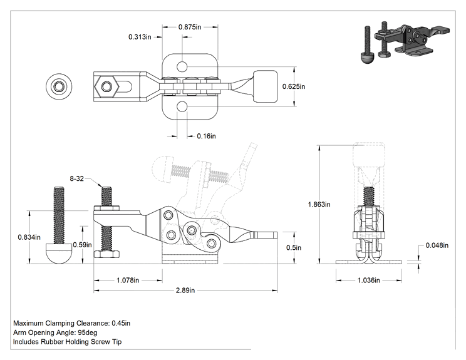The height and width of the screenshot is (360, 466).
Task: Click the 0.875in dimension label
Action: tap(190, 27)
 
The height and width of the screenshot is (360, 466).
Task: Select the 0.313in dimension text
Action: tap(140, 37)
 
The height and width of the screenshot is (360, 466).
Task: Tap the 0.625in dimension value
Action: tap(294, 86)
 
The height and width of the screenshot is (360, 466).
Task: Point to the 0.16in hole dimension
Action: tap(206, 136)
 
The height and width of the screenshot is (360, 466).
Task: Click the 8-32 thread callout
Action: tap(76, 178)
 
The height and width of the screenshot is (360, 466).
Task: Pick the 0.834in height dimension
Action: tap(29, 237)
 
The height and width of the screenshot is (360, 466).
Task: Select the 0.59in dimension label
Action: tap(82, 245)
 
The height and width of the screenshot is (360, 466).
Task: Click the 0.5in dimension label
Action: tap(294, 248)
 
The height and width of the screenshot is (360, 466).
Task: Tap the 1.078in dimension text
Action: tap(128, 280)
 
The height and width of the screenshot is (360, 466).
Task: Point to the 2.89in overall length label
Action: tap(185, 291)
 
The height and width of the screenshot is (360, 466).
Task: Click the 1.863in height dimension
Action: tap(319, 204)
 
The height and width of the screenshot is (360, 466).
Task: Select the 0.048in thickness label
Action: tap(437, 245)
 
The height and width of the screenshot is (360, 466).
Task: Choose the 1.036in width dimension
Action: tap(368, 280)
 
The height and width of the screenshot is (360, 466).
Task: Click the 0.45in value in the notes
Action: tap(121, 323)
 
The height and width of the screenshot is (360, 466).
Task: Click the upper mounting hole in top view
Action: tap(182, 66)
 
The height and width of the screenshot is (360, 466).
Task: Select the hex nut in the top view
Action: tap(106, 87)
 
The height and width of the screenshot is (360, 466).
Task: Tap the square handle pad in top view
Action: tap(265, 86)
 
